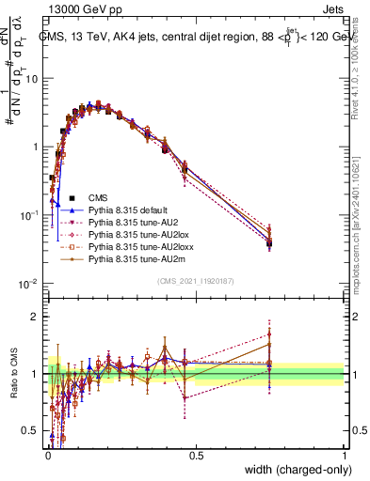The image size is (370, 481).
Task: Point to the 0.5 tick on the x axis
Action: (x=196, y=454)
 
